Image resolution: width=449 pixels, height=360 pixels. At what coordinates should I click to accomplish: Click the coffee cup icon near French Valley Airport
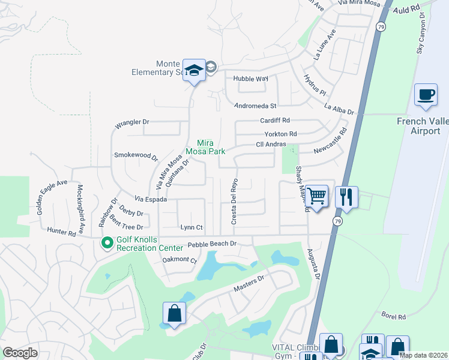(x=426, y=95)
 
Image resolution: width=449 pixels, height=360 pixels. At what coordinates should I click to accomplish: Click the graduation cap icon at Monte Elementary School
(x=194, y=70)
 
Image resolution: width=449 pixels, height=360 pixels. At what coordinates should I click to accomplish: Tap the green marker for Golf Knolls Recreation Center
(x=107, y=243)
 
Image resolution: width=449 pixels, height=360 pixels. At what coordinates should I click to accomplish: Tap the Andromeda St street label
(x=255, y=106)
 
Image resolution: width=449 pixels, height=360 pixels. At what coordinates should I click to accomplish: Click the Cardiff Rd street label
(x=275, y=120)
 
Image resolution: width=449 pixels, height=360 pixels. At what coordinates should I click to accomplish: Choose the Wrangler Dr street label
(x=132, y=122)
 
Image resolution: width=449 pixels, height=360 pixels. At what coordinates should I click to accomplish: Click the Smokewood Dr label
(x=136, y=155)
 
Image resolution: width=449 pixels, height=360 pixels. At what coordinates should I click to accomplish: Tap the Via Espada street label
(x=150, y=199)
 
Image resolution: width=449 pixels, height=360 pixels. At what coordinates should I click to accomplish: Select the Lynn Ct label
(x=192, y=227)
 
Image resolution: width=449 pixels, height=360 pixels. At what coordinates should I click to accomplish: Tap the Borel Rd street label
(x=394, y=316)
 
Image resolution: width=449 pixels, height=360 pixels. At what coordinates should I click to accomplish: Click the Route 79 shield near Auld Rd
(x=381, y=27)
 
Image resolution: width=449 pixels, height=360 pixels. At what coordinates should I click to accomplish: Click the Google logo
(x=20, y=353)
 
